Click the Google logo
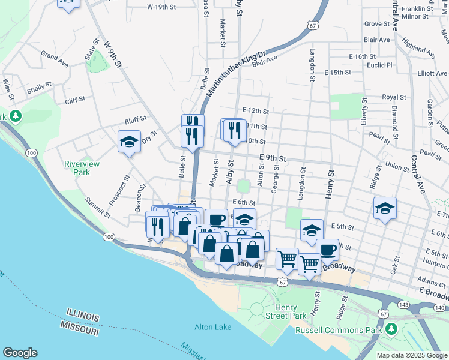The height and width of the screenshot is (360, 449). [x=20, y=353]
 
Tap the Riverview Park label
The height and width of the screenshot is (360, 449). [x=82, y=167]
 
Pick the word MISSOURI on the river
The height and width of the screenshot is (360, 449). [x=79, y=331]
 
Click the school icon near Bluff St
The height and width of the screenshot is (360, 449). [x=129, y=142]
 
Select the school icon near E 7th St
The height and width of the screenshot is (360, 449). [x=385, y=208]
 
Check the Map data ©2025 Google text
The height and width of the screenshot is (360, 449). [x=411, y=355]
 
